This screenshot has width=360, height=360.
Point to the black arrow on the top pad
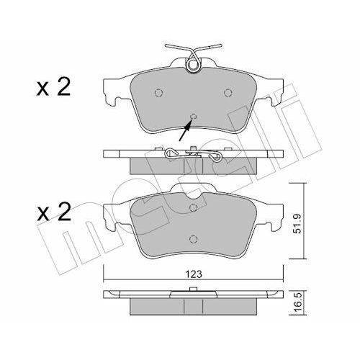(x=186, y=130)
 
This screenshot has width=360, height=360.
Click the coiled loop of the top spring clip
(x=193, y=65)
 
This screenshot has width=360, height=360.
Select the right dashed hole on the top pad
(x=227, y=91)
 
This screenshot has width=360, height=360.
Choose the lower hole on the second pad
(x=193, y=240)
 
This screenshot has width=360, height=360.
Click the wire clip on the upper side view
(x=192, y=153)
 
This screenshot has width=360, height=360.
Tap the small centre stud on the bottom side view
(x=194, y=291)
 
